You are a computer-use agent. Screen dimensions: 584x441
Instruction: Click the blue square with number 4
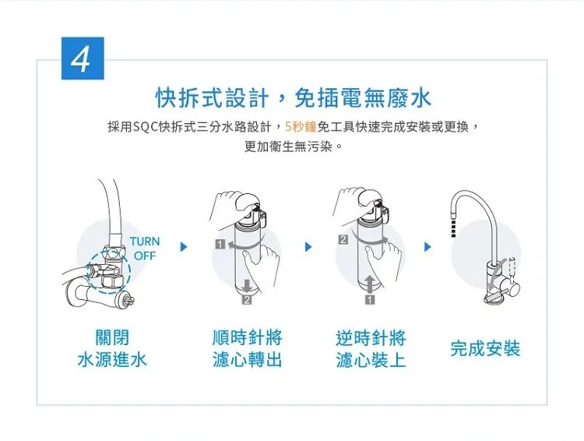[x=83, y=58]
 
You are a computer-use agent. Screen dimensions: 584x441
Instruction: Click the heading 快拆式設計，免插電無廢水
[x=293, y=98]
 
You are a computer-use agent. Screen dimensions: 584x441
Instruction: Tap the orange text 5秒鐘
[x=301, y=127]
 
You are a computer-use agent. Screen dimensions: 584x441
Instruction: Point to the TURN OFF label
[x=145, y=249]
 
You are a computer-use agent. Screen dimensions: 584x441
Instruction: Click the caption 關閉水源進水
[x=112, y=348]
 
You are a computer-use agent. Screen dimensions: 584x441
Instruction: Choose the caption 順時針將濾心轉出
[x=248, y=348]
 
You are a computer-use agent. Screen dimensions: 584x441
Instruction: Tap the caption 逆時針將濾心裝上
[x=371, y=348]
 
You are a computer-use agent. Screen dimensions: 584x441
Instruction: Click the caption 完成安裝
[x=485, y=348]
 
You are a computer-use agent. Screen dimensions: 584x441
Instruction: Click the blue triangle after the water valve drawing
[x=183, y=247]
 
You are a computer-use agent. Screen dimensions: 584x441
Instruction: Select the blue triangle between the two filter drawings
[x=308, y=247]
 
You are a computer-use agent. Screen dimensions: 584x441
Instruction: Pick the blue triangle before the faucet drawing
[x=427, y=247]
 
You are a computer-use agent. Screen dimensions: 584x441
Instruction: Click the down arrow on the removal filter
[x=247, y=286]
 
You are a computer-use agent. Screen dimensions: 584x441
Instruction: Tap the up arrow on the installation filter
[x=369, y=284]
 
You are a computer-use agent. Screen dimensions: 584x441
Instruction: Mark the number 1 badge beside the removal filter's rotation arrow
[x=220, y=244]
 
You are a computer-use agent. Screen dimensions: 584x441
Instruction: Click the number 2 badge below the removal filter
[x=247, y=299]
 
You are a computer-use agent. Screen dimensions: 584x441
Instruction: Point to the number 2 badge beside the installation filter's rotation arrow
[x=343, y=240]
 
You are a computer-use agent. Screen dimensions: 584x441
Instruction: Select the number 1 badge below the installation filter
[x=369, y=299]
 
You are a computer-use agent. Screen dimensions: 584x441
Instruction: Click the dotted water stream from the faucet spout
[x=453, y=228]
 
